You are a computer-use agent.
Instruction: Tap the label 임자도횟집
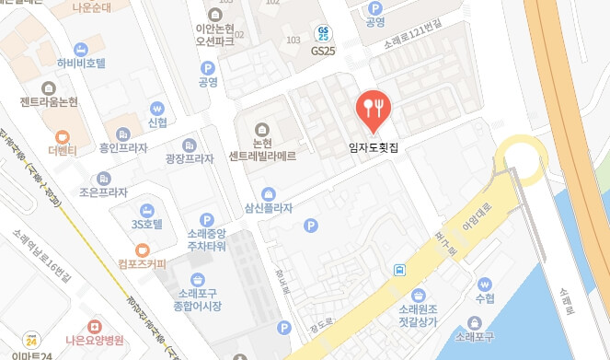click(374, 145)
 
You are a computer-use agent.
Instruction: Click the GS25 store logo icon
click(322, 33)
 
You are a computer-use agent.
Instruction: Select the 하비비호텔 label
click(82, 64)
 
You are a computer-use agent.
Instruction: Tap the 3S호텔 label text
click(146, 224)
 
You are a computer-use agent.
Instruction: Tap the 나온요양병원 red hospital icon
click(94, 327)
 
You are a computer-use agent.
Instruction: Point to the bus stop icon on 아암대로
click(399, 270)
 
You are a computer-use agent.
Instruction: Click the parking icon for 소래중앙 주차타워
click(208, 219)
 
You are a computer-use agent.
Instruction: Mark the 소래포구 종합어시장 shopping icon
click(197, 279)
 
